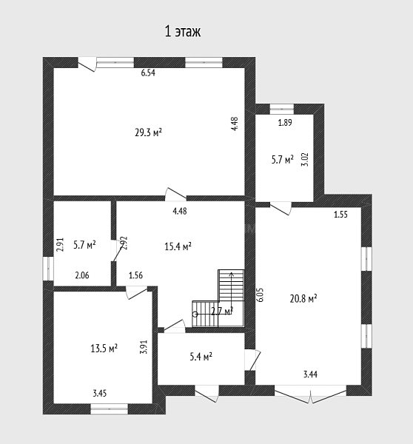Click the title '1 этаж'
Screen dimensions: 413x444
click(x=183, y=31)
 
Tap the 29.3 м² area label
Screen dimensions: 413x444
click(x=149, y=132)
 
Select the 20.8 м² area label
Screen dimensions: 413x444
click(x=303, y=298)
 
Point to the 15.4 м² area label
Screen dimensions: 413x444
click(x=178, y=246)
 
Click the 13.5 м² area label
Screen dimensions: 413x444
click(x=104, y=349)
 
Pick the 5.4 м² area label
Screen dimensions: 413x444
click(x=201, y=357)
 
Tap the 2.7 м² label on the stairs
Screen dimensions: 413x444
click(x=222, y=312)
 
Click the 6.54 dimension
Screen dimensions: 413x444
click(x=148, y=73)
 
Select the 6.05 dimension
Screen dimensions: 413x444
click(x=261, y=295)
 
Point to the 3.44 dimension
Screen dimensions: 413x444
click(x=310, y=374)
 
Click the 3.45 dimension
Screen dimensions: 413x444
click(x=100, y=393)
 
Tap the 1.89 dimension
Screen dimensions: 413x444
click(x=285, y=123)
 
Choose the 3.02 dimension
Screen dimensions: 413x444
click(x=306, y=159)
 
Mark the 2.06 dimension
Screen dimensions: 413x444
click(x=82, y=275)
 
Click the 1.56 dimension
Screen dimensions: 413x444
click(x=135, y=275)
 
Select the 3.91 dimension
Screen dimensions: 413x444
click(x=144, y=347)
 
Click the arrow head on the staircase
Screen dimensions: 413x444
click(x=232, y=274)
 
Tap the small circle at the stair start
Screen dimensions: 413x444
click(x=195, y=314)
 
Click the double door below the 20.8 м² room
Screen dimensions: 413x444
click(x=310, y=394)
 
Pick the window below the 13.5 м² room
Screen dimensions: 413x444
click(x=109, y=409)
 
